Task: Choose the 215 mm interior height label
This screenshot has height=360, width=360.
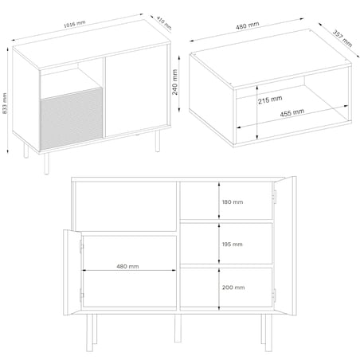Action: [271, 99]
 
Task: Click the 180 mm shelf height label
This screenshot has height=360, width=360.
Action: [233, 202]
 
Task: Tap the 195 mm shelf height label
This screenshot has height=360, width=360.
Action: [233, 245]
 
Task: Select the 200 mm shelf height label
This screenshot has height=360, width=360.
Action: [233, 287]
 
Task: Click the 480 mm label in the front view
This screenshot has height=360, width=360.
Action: [127, 266]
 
